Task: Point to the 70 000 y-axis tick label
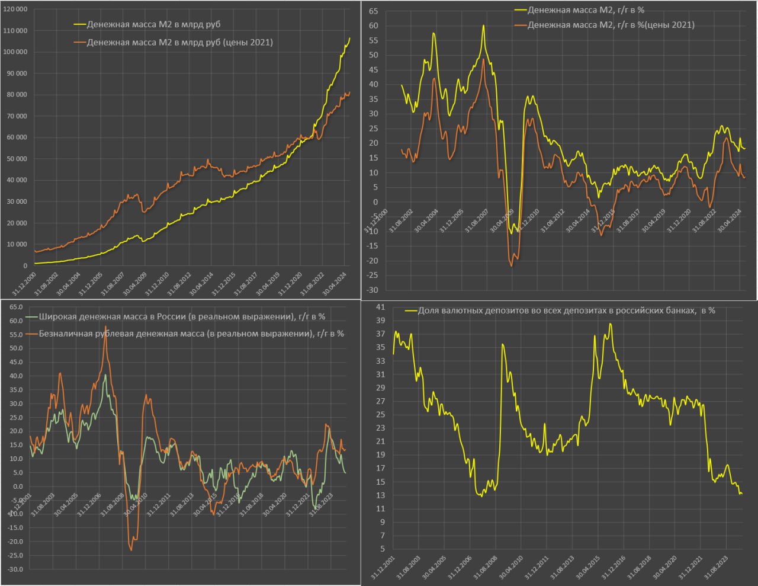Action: [x=17, y=116]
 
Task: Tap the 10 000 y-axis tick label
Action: [x=17, y=244]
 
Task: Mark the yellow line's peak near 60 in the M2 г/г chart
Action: [x=483, y=25]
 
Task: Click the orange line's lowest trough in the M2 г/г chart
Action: [x=512, y=266]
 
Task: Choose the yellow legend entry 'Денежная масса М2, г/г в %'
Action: [x=586, y=10]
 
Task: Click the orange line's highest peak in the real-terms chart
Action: [x=105, y=326]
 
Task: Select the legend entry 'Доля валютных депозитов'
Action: [x=566, y=310]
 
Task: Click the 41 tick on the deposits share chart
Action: [x=380, y=307]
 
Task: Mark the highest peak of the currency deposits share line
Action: [x=610, y=324]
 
